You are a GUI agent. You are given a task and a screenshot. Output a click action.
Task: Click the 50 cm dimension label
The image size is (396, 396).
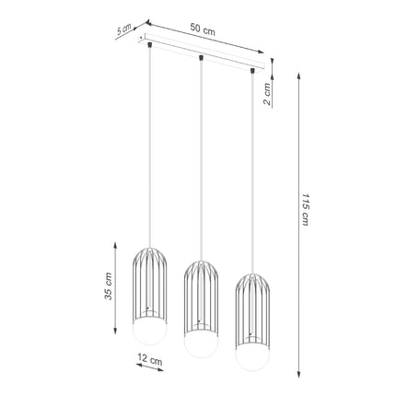(203, 29)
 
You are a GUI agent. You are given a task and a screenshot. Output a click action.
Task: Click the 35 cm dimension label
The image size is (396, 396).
(108, 287)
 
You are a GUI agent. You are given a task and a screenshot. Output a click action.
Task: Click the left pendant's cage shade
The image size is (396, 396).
(149, 281)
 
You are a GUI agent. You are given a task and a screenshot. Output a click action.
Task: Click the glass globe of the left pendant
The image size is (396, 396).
(149, 331)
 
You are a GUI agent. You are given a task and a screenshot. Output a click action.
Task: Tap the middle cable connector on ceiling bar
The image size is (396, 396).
(200, 59)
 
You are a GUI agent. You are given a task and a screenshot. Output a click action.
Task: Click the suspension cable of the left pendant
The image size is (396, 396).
(149, 147)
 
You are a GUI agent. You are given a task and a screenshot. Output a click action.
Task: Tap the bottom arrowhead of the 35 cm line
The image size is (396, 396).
(114, 339)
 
